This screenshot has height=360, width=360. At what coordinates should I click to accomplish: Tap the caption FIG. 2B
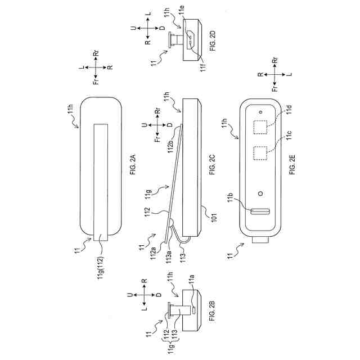tap(212, 312)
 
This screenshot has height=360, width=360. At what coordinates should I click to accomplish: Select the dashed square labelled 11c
tap(260, 154)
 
